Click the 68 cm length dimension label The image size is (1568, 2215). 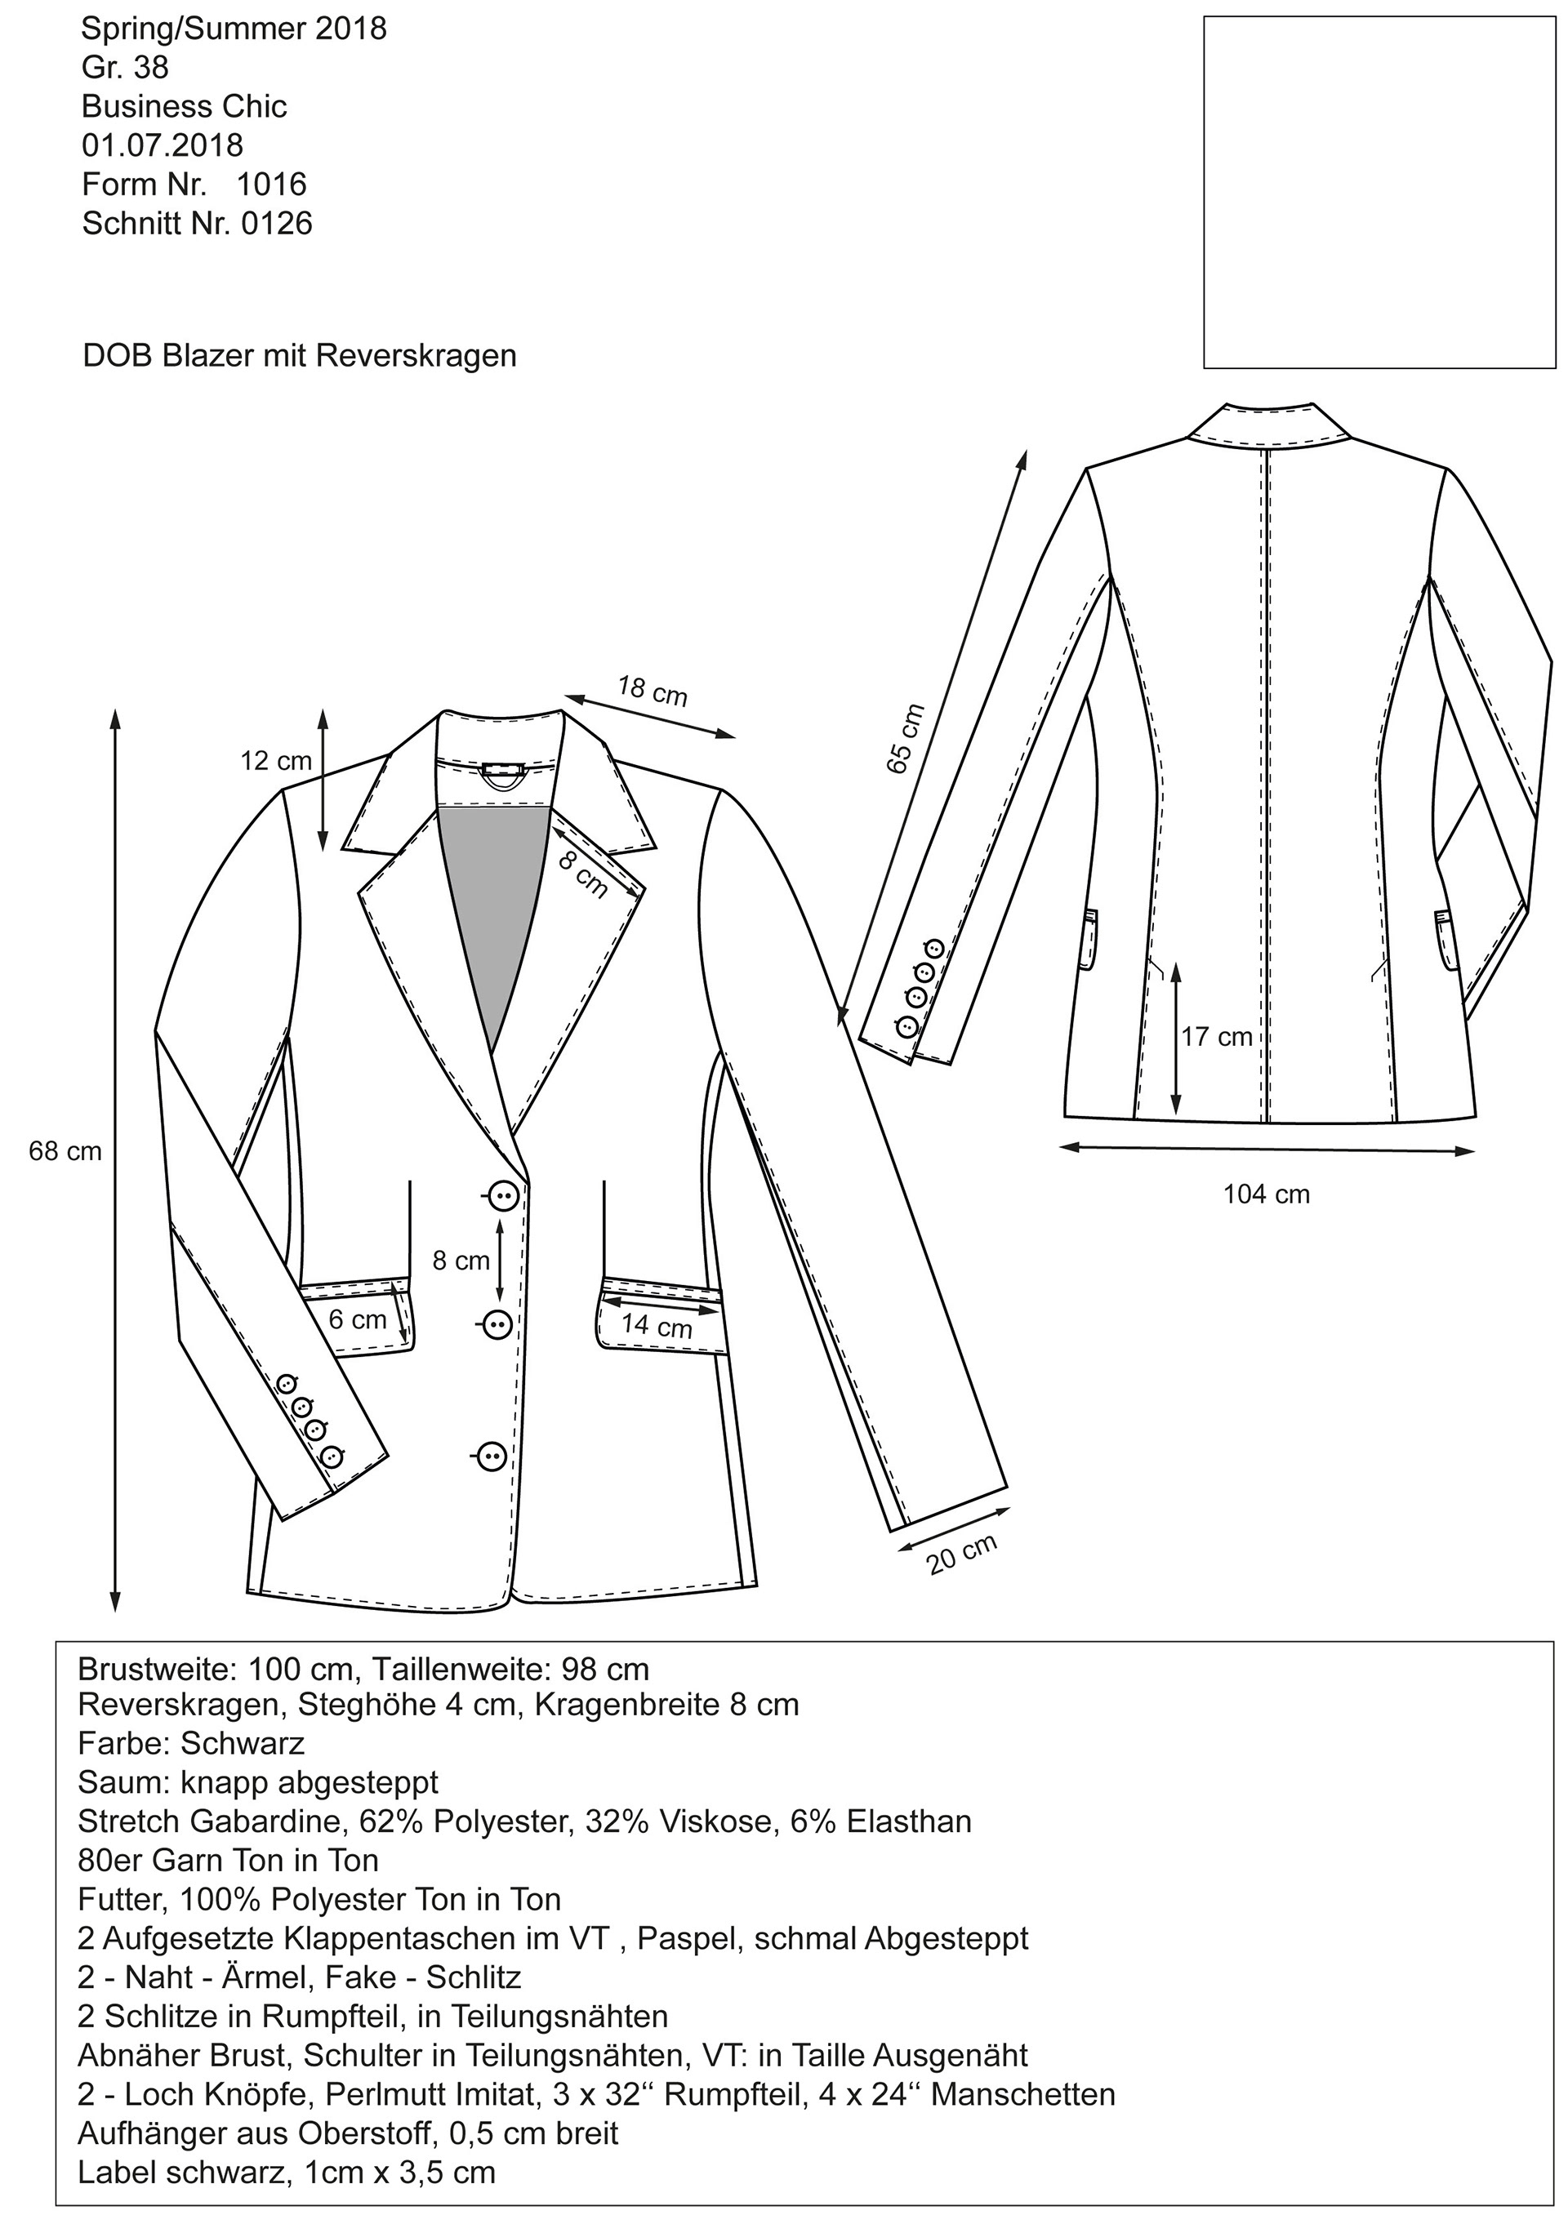click(65, 1151)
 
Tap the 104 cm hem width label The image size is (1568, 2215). click(1266, 1194)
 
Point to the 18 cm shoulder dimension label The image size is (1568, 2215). click(653, 691)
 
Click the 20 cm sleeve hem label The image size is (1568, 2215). click(962, 1555)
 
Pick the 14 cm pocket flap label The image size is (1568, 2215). click(657, 1325)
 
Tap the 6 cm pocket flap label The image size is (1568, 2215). click(357, 1319)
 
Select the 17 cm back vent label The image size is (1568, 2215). click(1217, 1037)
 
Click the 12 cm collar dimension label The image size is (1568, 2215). click(276, 762)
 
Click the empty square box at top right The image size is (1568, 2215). click(1379, 191)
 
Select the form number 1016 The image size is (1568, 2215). click(271, 185)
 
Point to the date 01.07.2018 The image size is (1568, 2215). click(163, 146)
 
